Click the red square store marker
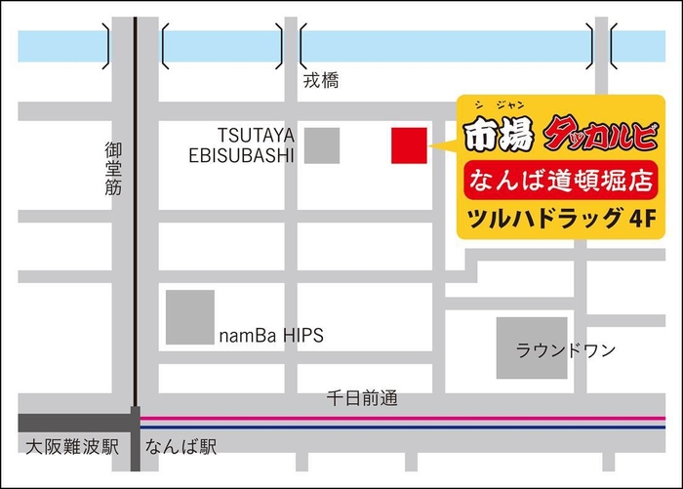409,145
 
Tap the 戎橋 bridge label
320,82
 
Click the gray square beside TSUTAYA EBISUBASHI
322,145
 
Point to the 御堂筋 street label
114,169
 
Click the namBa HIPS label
270,335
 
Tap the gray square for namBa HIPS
189,317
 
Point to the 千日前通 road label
362,398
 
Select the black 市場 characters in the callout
501,135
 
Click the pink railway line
390,417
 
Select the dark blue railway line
390,428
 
